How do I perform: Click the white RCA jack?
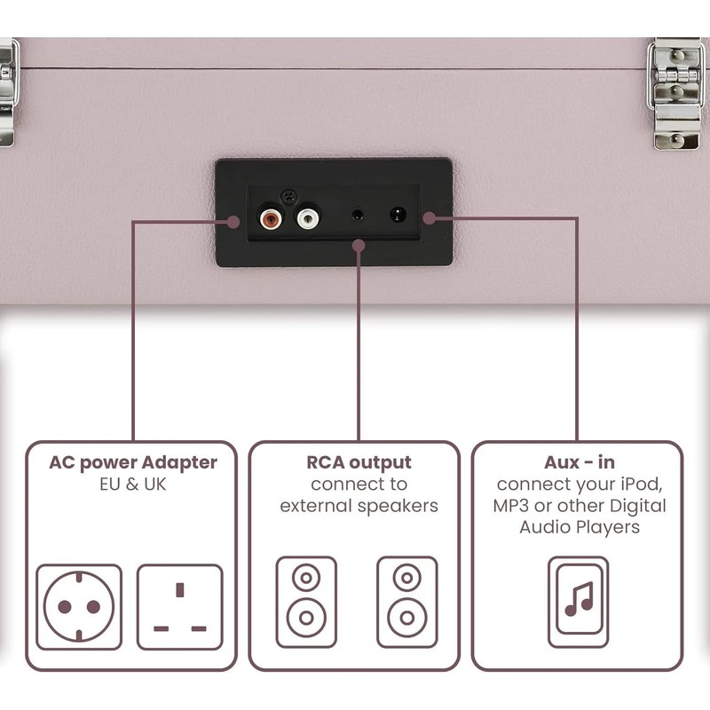(x=308, y=218)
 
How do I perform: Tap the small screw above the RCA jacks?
(x=289, y=197)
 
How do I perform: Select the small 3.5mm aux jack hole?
(x=358, y=214)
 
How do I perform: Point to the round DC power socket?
(x=398, y=214)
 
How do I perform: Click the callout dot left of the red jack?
(x=233, y=222)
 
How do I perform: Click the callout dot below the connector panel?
(x=359, y=246)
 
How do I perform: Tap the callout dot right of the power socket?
(x=430, y=218)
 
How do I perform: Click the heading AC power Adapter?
(x=133, y=462)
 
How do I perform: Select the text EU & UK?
(x=133, y=485)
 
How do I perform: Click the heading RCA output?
(x=359, y=462)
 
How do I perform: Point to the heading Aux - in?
(x=580, y=462)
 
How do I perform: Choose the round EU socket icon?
(x=79, y=607)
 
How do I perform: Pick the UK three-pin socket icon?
(x=180, y=607)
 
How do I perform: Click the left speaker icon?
(x=306, y=602)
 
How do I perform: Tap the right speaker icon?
(x=407, y=602)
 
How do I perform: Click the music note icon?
(x=579, y=602)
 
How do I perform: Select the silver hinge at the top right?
(x=675, y=93)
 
